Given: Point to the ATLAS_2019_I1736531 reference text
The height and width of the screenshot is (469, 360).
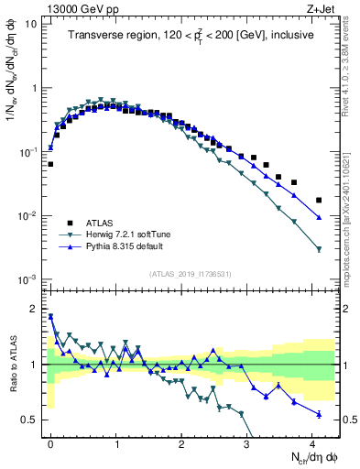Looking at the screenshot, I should coord(190,273).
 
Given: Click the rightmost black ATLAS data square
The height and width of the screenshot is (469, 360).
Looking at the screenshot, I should coord(319,200).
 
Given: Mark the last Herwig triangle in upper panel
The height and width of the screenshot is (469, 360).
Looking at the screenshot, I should coord(319,249).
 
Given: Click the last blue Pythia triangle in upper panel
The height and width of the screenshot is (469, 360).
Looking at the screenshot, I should coord(319,217).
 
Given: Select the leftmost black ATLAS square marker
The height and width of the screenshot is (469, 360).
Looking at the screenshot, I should coord(50,165).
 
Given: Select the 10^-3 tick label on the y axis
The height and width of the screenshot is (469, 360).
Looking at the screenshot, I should coord(28,278).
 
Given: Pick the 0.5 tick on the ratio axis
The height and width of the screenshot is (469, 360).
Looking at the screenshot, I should coord(31,420).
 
